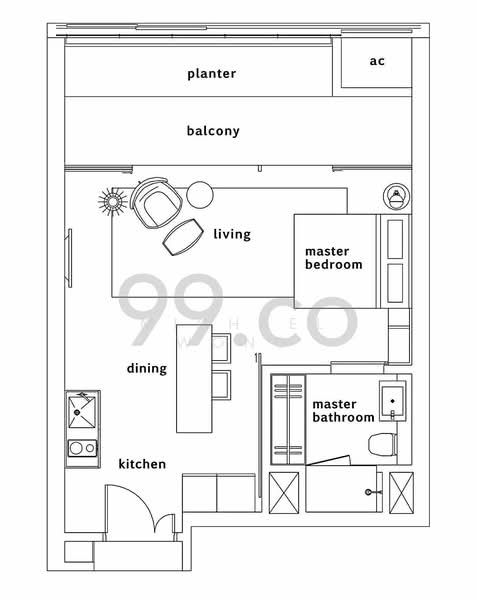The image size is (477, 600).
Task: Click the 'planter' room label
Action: (x=211, y=74)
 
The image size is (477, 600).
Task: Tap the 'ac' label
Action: (x=377, y=61)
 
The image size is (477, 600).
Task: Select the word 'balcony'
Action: (x=213, y=131)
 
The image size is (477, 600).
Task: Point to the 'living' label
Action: (x=232, y=234)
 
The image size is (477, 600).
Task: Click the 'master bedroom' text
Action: (x=334, y=258)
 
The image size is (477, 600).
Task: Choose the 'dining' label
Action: (x=147, y=368)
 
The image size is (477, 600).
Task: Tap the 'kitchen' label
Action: (x=142, y=464)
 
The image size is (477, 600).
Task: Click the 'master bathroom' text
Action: (x=343, y=411)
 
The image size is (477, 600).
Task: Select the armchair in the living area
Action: (x=156, y=203)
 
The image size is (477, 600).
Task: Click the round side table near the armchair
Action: (x=200, y=194)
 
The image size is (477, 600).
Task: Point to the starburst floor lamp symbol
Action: (x=112, y=201)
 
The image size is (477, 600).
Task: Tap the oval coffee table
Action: (x=183, y=237)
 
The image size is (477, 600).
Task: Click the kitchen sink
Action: (x=82, y=412)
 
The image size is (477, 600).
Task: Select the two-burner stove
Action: (x=83, y=448)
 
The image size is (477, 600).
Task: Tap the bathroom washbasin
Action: (x=392, y=401)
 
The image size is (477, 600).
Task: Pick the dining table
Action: (x=194, y=378)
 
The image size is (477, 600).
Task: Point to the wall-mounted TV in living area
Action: (x=70, y=258)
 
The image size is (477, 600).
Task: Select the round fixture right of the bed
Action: (x=397, y=196)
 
